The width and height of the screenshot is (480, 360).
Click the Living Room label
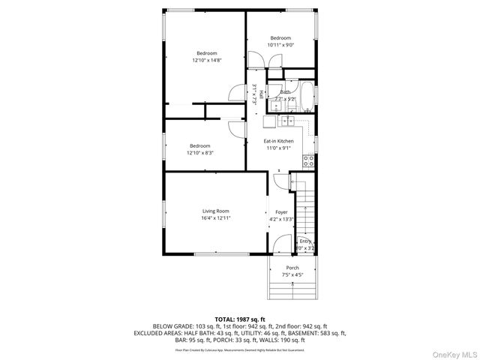pos(214,211)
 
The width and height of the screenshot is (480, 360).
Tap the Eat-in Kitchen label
pos(278,141)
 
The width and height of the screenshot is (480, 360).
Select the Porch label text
pos(292,268)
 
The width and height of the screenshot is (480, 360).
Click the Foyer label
pos(281,212)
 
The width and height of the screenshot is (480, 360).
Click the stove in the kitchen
pos(308,159)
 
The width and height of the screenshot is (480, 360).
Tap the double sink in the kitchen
pos(287,121)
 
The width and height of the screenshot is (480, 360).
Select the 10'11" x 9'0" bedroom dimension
pos(280,44)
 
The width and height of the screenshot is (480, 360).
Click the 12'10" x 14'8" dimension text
pos(207,60)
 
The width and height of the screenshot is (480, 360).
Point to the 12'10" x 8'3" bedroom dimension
pos(199,152)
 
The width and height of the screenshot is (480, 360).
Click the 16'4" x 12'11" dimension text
pos(214,218)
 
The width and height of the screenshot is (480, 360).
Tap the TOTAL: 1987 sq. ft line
pos(240,319)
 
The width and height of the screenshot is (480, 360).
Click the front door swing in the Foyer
pos(282,244)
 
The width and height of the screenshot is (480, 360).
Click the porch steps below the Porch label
pos(292,289)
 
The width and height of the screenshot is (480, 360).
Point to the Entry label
pos(304,241)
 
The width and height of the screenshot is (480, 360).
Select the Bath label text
pos(285,92)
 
